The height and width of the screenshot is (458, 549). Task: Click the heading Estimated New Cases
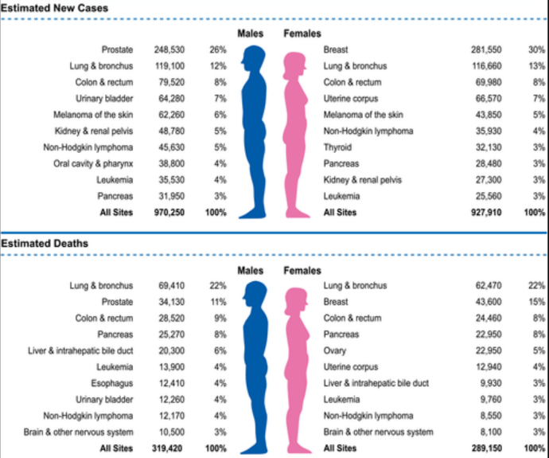click(54, 8)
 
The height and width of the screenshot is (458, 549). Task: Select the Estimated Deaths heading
click(45, 243)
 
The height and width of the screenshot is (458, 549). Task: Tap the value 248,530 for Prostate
click(169, 49)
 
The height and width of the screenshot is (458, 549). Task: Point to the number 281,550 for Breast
click(486, 49)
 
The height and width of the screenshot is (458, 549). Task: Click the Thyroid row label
click(337, 147)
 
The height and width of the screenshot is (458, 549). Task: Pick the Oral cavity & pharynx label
click(93, 163)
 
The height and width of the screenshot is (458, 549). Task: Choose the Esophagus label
click(112, 383)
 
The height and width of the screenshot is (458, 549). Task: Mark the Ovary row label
click(335, 350)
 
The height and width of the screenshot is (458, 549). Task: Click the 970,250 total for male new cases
click(169, 213)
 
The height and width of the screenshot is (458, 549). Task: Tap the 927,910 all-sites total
click(486, 213)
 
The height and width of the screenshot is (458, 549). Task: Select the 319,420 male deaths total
click(167, 448)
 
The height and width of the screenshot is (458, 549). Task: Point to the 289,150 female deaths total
click(486, 448)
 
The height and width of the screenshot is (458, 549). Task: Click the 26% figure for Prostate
click(218, 49)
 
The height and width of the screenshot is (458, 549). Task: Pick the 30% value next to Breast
click(537, 49)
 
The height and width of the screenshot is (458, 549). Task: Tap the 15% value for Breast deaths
click(537, 302)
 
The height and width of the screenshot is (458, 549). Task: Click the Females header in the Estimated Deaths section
click(302, 271)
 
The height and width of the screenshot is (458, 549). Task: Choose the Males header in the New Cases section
click(251, 33)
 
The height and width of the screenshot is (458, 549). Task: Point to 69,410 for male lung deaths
click(172, 286)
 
